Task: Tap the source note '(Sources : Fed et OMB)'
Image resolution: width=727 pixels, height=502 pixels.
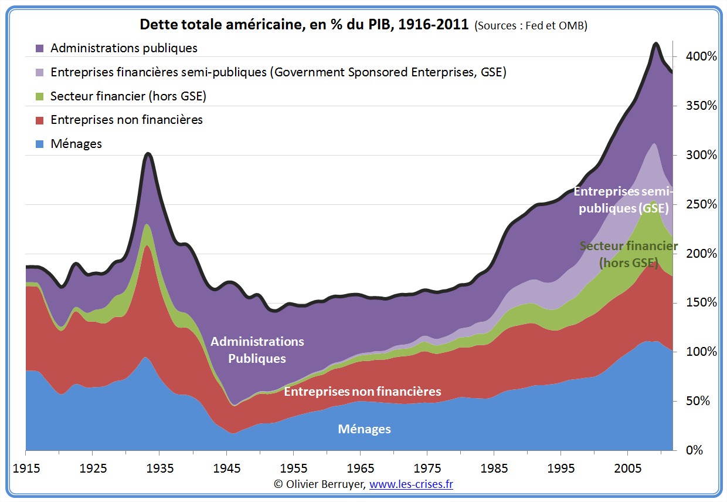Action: pyautogui.click(x=531, y=26)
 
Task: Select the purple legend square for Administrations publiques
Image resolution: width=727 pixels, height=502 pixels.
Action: pyautogui.click(x=40, y=48)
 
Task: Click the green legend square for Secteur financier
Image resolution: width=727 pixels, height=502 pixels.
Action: pyautogui.click(x=40, y=96)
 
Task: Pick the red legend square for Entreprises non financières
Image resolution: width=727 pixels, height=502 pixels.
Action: pyautogui.click(x=40, y=120)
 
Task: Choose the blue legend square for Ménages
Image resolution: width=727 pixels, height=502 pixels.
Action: pyautogui.click(x=40, y=144)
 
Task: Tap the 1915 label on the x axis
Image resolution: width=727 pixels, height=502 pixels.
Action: pyautogui.click(x=26, y=469)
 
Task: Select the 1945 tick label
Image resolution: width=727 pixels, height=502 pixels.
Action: pyautogui.click(x=226, y=469)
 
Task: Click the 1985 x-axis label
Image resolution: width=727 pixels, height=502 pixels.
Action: pyautogui.click(x=494, y=469)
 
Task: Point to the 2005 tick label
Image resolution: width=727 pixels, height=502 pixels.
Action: pyautogui.click(x=627, y=469)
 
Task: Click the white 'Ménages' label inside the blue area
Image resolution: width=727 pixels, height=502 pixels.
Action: pyautogui.click(x=364, y=429)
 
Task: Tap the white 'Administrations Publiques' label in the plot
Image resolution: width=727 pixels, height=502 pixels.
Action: pyautogui.click(x=257, y=350)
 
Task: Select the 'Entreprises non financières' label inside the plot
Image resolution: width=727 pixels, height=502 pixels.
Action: pyautogui.click(x=362, y=391)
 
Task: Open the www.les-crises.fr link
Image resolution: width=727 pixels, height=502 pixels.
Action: pyautogui.click(x=411, y=484)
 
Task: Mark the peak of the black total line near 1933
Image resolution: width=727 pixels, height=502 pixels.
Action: pyautogui.click(x=148, y=154)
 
